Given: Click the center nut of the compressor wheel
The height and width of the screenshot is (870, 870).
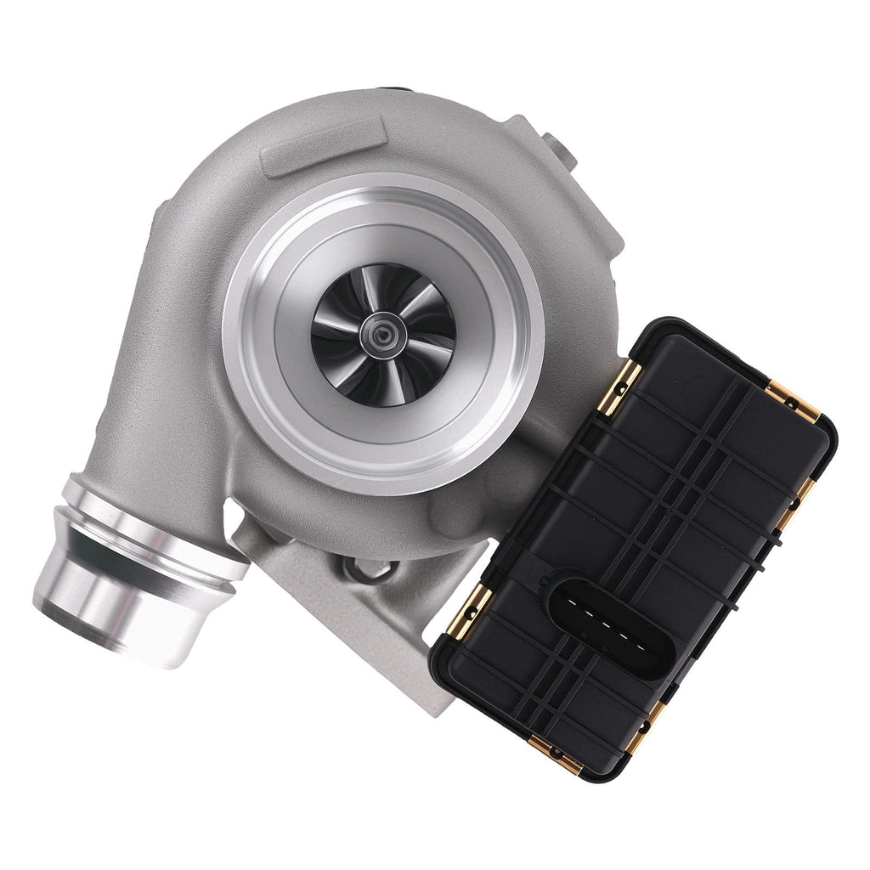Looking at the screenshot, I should pos(383,331).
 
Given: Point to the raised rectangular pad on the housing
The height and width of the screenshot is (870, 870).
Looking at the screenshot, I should pos(323,146).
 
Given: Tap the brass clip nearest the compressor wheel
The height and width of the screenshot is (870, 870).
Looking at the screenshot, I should pos(619,387).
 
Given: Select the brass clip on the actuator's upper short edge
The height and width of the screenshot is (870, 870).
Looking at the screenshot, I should pos(794,402).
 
